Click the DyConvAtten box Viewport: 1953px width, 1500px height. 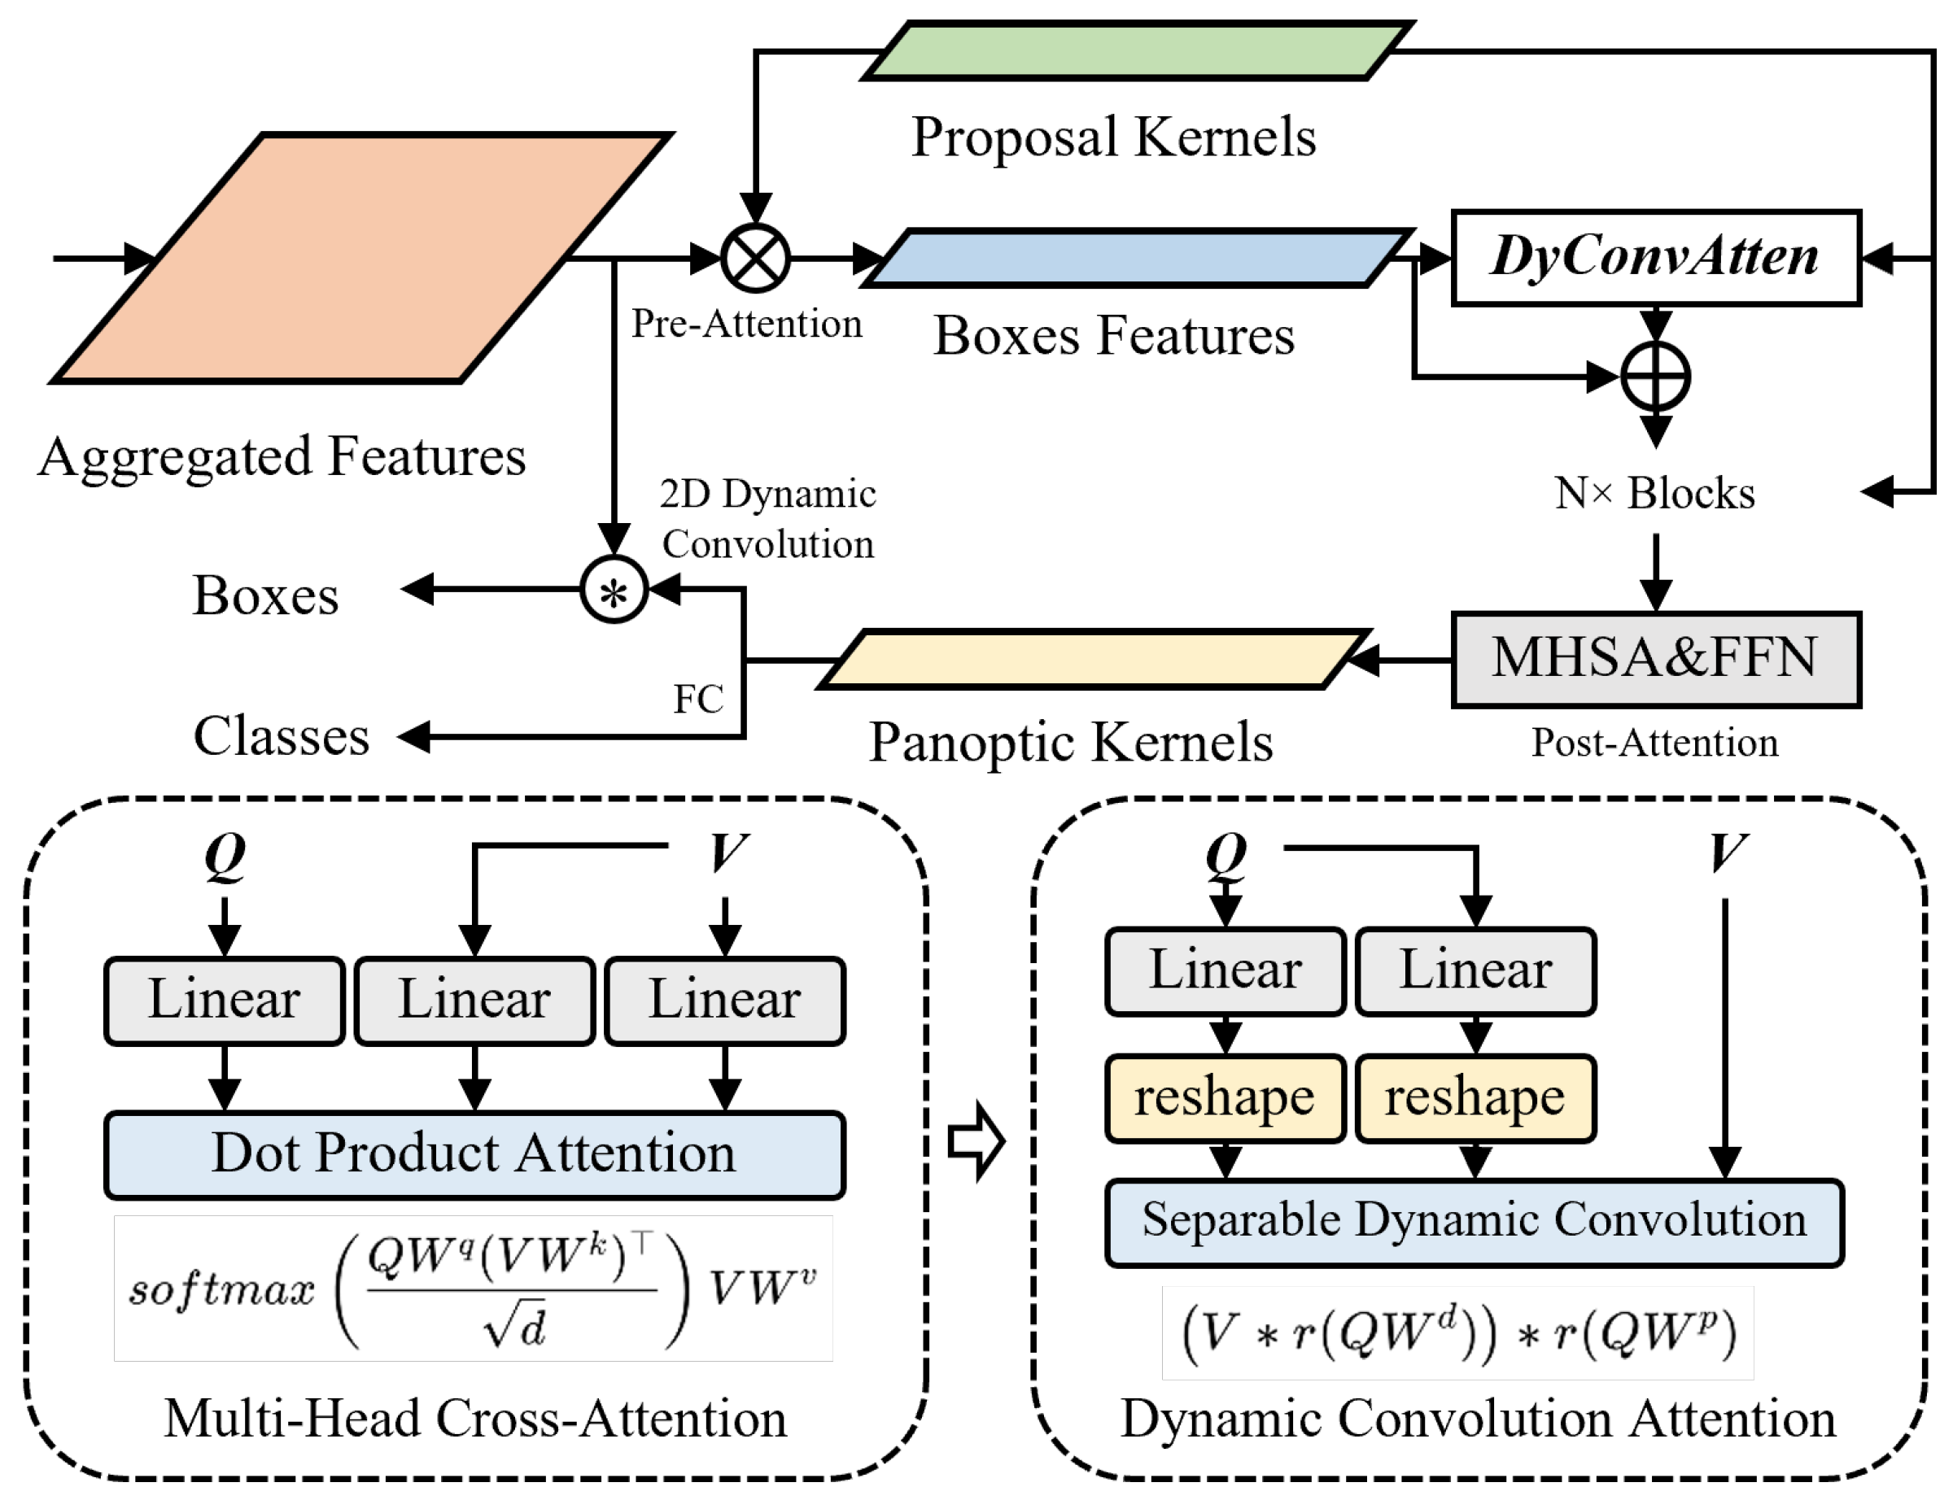1654,258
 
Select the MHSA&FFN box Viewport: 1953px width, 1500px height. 1654,659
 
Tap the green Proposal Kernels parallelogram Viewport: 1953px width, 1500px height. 1136,52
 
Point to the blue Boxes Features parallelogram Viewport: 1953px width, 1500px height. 1136,258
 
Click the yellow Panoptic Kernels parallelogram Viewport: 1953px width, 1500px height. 1091,660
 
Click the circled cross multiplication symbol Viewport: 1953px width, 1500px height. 755,259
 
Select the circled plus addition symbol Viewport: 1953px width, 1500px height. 1654,377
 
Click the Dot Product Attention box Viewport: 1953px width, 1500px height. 474,1154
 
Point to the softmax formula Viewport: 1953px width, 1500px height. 474,1289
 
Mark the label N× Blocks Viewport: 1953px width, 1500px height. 1654,493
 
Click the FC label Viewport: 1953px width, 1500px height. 697,699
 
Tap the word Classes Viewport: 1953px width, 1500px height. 282,737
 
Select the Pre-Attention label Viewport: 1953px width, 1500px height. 746,324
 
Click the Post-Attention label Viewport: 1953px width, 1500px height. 1654,743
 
